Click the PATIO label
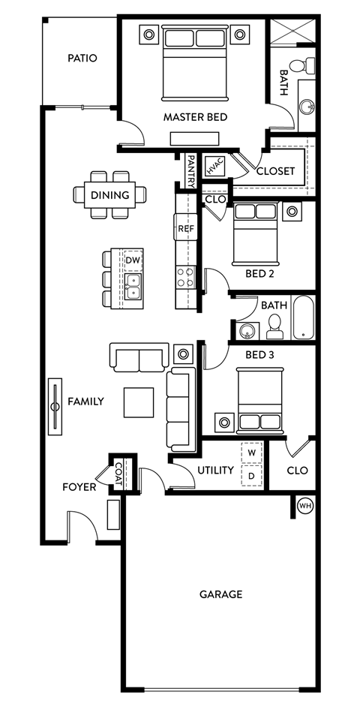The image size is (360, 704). point(82,58)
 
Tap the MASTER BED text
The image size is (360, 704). point(195,117)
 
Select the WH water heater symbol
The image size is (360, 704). point(305,505)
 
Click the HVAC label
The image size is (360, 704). point(214,165)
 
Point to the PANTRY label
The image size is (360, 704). point(190,170)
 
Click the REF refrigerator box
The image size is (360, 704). point(185,227)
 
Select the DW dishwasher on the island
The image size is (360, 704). point(133,260)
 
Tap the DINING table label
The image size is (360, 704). point(109,195)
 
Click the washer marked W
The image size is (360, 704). point(252,453)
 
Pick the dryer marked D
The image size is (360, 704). point(252,476)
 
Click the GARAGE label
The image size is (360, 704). point(220,594)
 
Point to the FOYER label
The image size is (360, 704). point(79,487)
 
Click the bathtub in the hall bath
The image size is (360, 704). point(303,319)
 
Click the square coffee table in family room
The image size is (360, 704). point(139,402)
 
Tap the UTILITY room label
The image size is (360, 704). point(216,470)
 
